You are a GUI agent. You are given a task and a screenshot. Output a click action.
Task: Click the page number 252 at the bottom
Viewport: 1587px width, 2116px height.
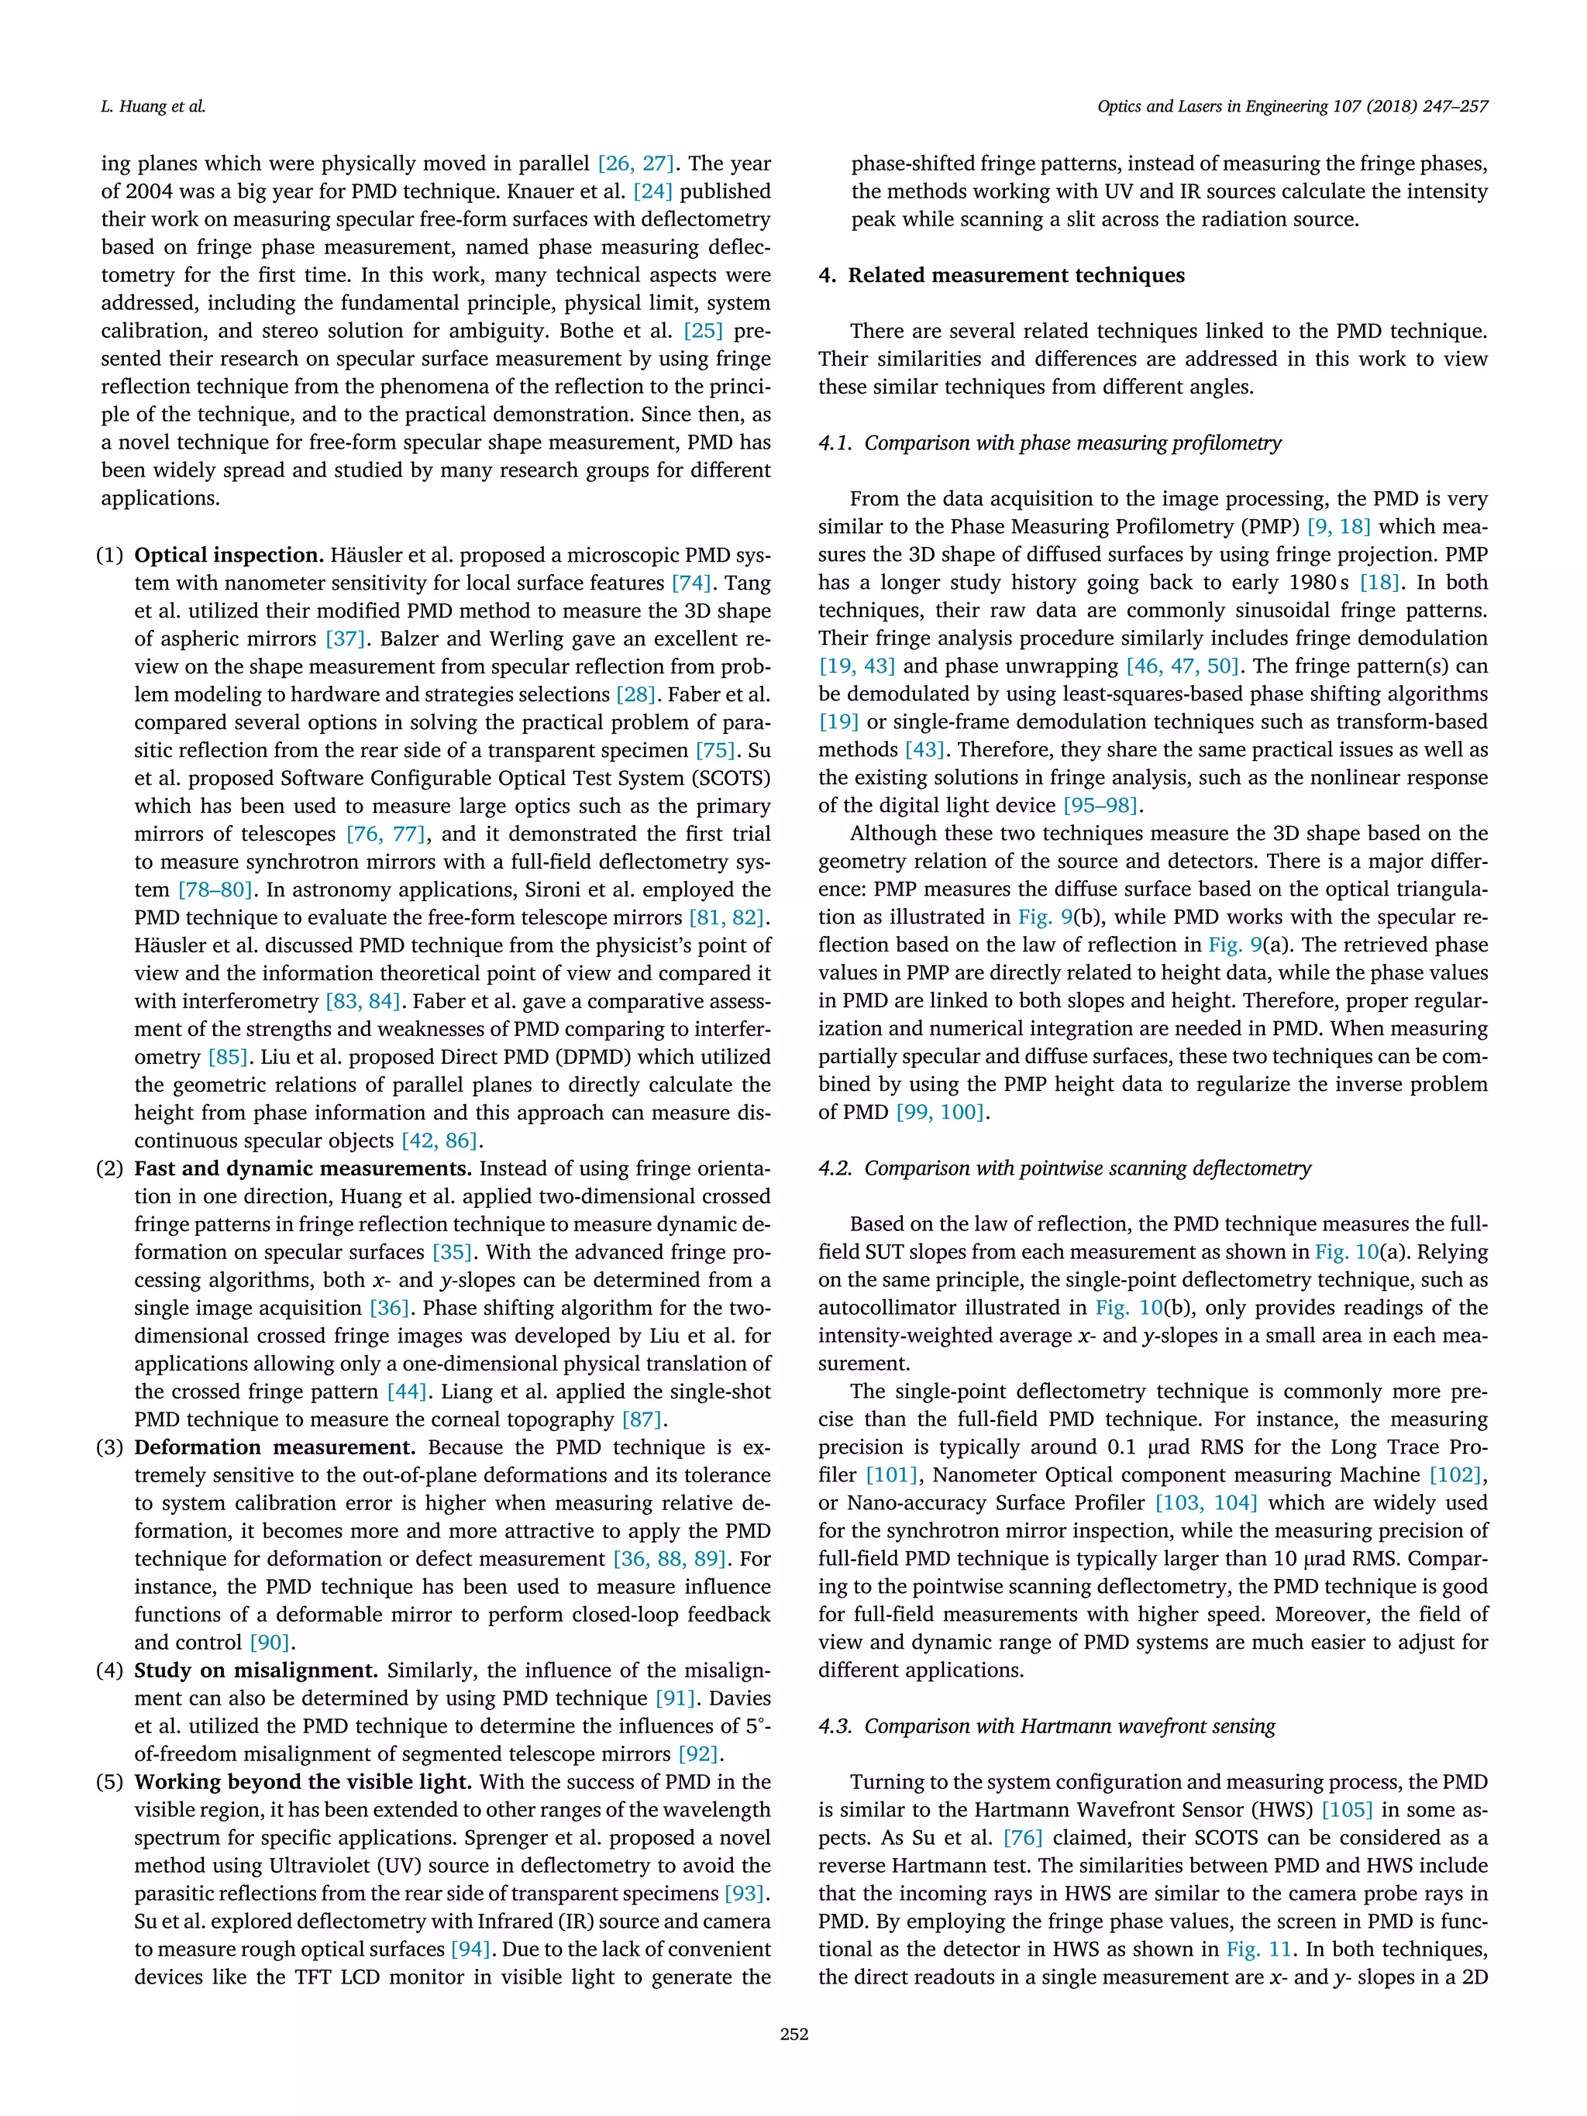pos(793,2034)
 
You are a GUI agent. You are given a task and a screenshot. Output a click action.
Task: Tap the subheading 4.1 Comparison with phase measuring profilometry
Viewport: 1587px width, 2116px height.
pos(1049,443)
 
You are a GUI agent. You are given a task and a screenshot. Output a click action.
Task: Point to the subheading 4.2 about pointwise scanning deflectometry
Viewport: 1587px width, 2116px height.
pos(1064,1168)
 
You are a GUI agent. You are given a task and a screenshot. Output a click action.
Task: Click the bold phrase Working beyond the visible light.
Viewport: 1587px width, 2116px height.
pos(303,1782)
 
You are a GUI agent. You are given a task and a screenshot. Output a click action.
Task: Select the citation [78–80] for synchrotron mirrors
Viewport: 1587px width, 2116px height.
pos(215,889)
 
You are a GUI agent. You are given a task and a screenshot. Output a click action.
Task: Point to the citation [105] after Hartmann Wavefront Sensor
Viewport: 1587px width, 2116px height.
pos(1346,1810)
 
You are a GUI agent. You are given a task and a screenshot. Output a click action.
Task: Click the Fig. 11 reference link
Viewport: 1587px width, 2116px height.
pos(1258,1949)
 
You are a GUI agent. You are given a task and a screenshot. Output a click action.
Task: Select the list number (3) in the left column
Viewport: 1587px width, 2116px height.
pos(110,1447)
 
